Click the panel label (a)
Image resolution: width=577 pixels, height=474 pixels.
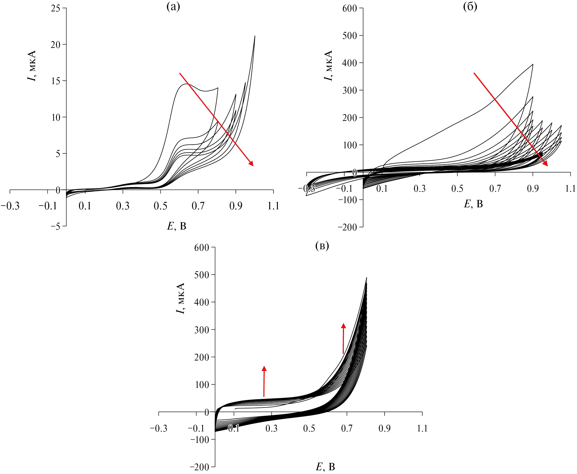(173, 7)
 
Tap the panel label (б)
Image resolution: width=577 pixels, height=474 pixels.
(470, 7)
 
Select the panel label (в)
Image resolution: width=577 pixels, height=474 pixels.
(322, 246)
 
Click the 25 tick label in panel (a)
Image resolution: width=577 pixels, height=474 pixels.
(56, 9)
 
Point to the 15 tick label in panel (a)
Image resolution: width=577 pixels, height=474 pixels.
(56, 81)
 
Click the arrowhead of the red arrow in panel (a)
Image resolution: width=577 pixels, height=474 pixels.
(251, 163)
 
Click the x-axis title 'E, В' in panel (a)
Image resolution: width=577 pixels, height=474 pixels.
(177, 226)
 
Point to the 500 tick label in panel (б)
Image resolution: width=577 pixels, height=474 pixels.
(350, 36)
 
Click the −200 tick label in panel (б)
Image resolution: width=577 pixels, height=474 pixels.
(347, 227)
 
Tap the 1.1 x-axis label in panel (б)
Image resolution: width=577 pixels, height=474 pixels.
(570, 189)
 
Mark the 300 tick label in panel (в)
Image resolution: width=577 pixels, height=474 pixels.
(202, 330)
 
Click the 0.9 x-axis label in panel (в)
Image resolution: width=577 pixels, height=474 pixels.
(384, 428)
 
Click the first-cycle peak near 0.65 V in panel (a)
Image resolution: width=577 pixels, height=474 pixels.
(186, 84)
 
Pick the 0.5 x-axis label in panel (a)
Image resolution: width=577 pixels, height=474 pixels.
(160, 206)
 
